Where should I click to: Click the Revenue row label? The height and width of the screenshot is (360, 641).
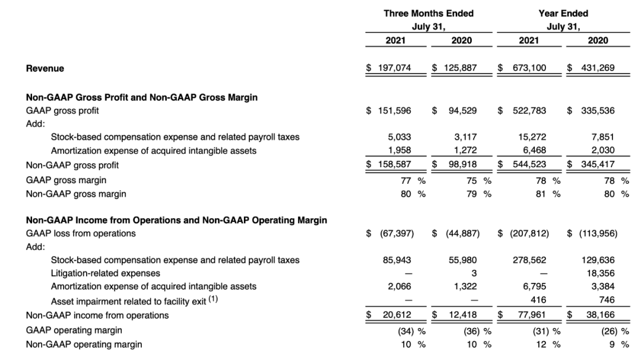point(45,68)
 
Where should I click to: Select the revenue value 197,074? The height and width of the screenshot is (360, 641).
point(394,68)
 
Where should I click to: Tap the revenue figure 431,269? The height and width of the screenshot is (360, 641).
point(598,68)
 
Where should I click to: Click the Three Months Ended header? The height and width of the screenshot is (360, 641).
point(429,14)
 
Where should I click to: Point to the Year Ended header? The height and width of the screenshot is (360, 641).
point(563,14)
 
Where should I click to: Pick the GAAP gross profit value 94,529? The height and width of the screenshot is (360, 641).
point(462,111)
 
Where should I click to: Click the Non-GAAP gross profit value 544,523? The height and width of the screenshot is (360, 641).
point(529,164)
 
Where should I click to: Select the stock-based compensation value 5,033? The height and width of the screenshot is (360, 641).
point(399,137)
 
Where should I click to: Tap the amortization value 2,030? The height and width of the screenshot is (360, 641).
point(603,150)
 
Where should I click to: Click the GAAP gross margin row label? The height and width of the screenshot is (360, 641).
point(66,180)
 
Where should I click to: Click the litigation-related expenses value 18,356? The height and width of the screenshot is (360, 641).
point(601,273)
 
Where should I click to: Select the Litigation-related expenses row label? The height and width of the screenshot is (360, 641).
point(106,273)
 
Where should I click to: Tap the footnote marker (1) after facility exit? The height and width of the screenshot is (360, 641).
point(213,299)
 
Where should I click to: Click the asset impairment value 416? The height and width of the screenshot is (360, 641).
point(538,300)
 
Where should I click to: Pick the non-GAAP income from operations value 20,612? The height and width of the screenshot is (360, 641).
point(397,315)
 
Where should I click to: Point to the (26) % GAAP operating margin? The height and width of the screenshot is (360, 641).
point(615,331)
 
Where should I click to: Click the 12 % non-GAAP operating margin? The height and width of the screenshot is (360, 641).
point(548,345)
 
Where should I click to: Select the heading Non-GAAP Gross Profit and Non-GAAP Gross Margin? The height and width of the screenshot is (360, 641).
point(142,97)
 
